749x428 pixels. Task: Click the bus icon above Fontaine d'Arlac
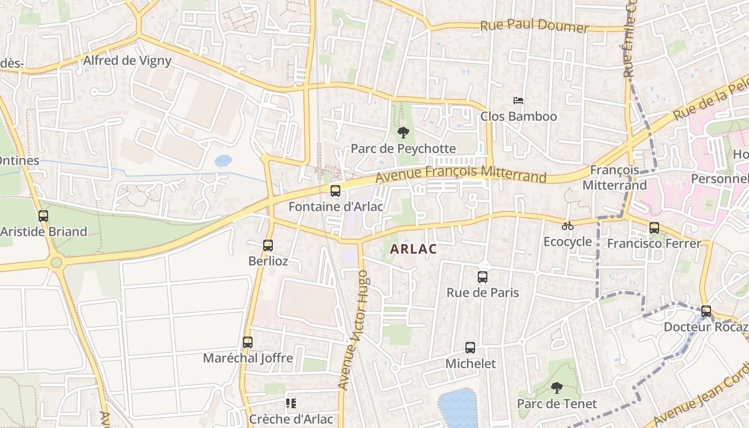point(335,190)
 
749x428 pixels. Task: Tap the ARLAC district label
point(413,249)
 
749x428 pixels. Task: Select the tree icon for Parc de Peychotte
point(403,132)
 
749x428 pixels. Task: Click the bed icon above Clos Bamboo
point(518,100)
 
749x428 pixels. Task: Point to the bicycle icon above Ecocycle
point(568,226)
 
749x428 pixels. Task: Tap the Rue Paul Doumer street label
point(534,26)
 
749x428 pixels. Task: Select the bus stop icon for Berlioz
point(268,246)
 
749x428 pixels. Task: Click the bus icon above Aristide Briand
point(43,216)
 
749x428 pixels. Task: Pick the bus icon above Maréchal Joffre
point(247,342)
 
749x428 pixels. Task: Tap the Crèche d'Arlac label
point(291,419)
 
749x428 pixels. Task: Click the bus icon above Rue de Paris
point(483,277)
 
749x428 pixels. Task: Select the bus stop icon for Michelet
point(470,347)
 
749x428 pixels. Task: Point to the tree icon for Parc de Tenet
point(557,387)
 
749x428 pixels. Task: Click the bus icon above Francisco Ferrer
point(654,228)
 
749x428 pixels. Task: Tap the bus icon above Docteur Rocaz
point(706,311)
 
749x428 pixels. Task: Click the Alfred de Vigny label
point(127,60)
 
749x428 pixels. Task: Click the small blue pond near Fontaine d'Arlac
point(223,160)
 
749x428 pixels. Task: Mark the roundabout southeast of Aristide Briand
point(56,262)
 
